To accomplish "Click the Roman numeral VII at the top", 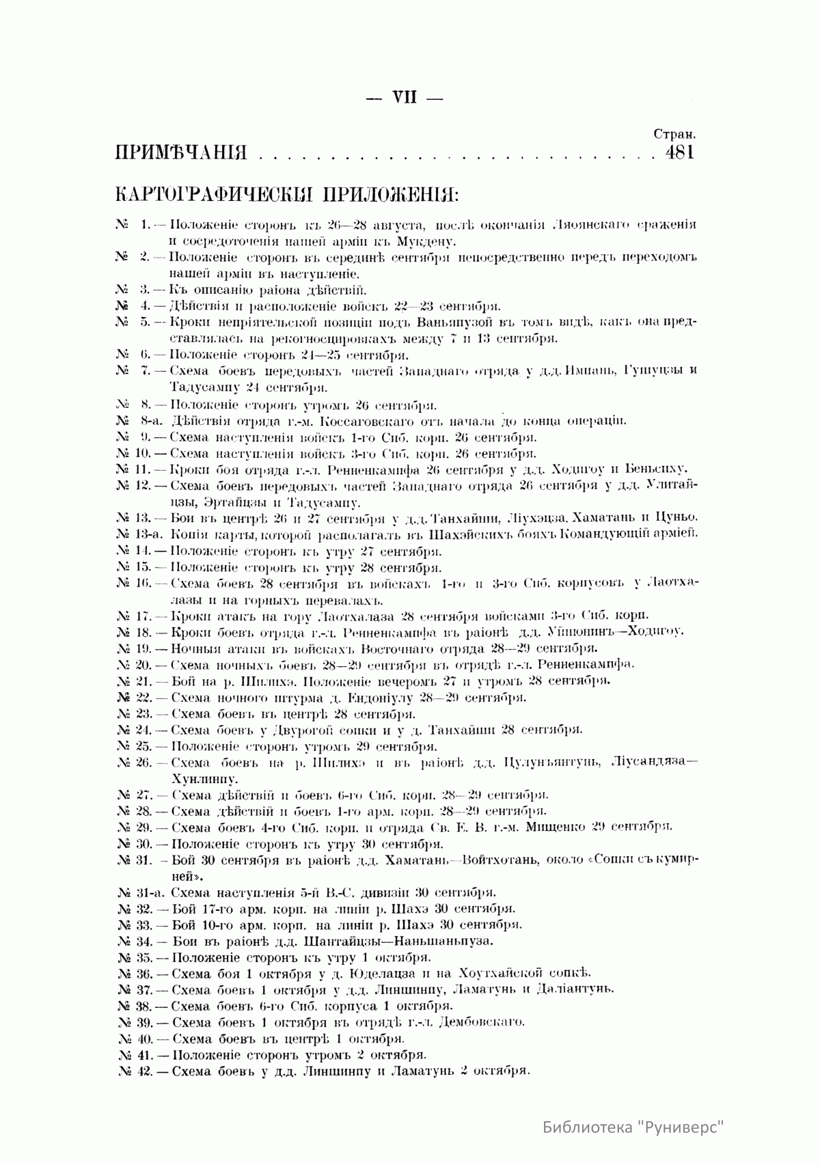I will pos(405,97).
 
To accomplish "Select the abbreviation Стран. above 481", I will pos(674,135).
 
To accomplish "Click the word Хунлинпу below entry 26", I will pos(204,778).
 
